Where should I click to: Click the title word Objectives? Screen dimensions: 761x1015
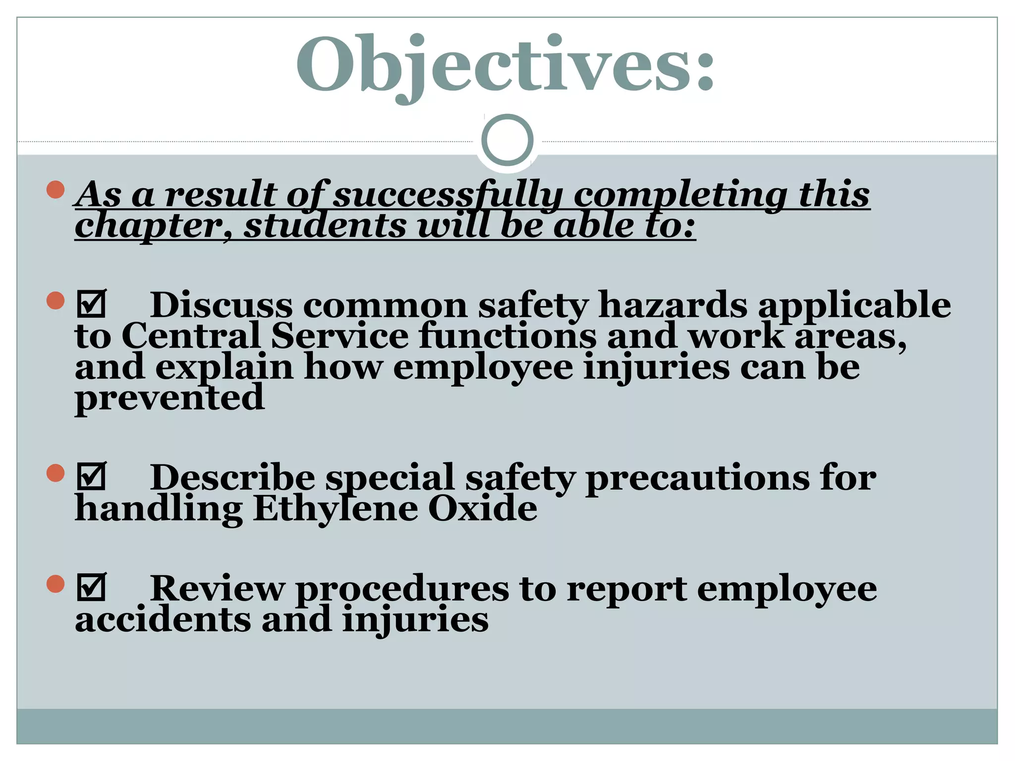(x=506, y=64)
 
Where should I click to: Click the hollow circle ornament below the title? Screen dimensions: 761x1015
(x=507, y=140)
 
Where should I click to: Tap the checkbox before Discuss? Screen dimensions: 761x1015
(x=92, y=304)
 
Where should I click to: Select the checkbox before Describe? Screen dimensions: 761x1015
(x=92, y=476)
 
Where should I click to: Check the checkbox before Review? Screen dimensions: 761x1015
(x=92, y=587)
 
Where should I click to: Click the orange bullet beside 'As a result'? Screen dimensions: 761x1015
(x=56, y=190)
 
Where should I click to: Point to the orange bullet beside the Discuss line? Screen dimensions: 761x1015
(x=56, y=300)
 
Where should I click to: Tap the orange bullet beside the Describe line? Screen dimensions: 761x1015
(x=56, y=473)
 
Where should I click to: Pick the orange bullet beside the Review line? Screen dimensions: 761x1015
(x=56, y=584)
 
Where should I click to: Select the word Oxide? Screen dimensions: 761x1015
(x=482, y=509)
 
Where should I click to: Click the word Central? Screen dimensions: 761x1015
(x=191, y=336)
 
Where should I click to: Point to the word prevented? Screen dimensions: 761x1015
(x=169, y=398)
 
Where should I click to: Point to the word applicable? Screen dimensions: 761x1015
(x=855, y=305)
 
